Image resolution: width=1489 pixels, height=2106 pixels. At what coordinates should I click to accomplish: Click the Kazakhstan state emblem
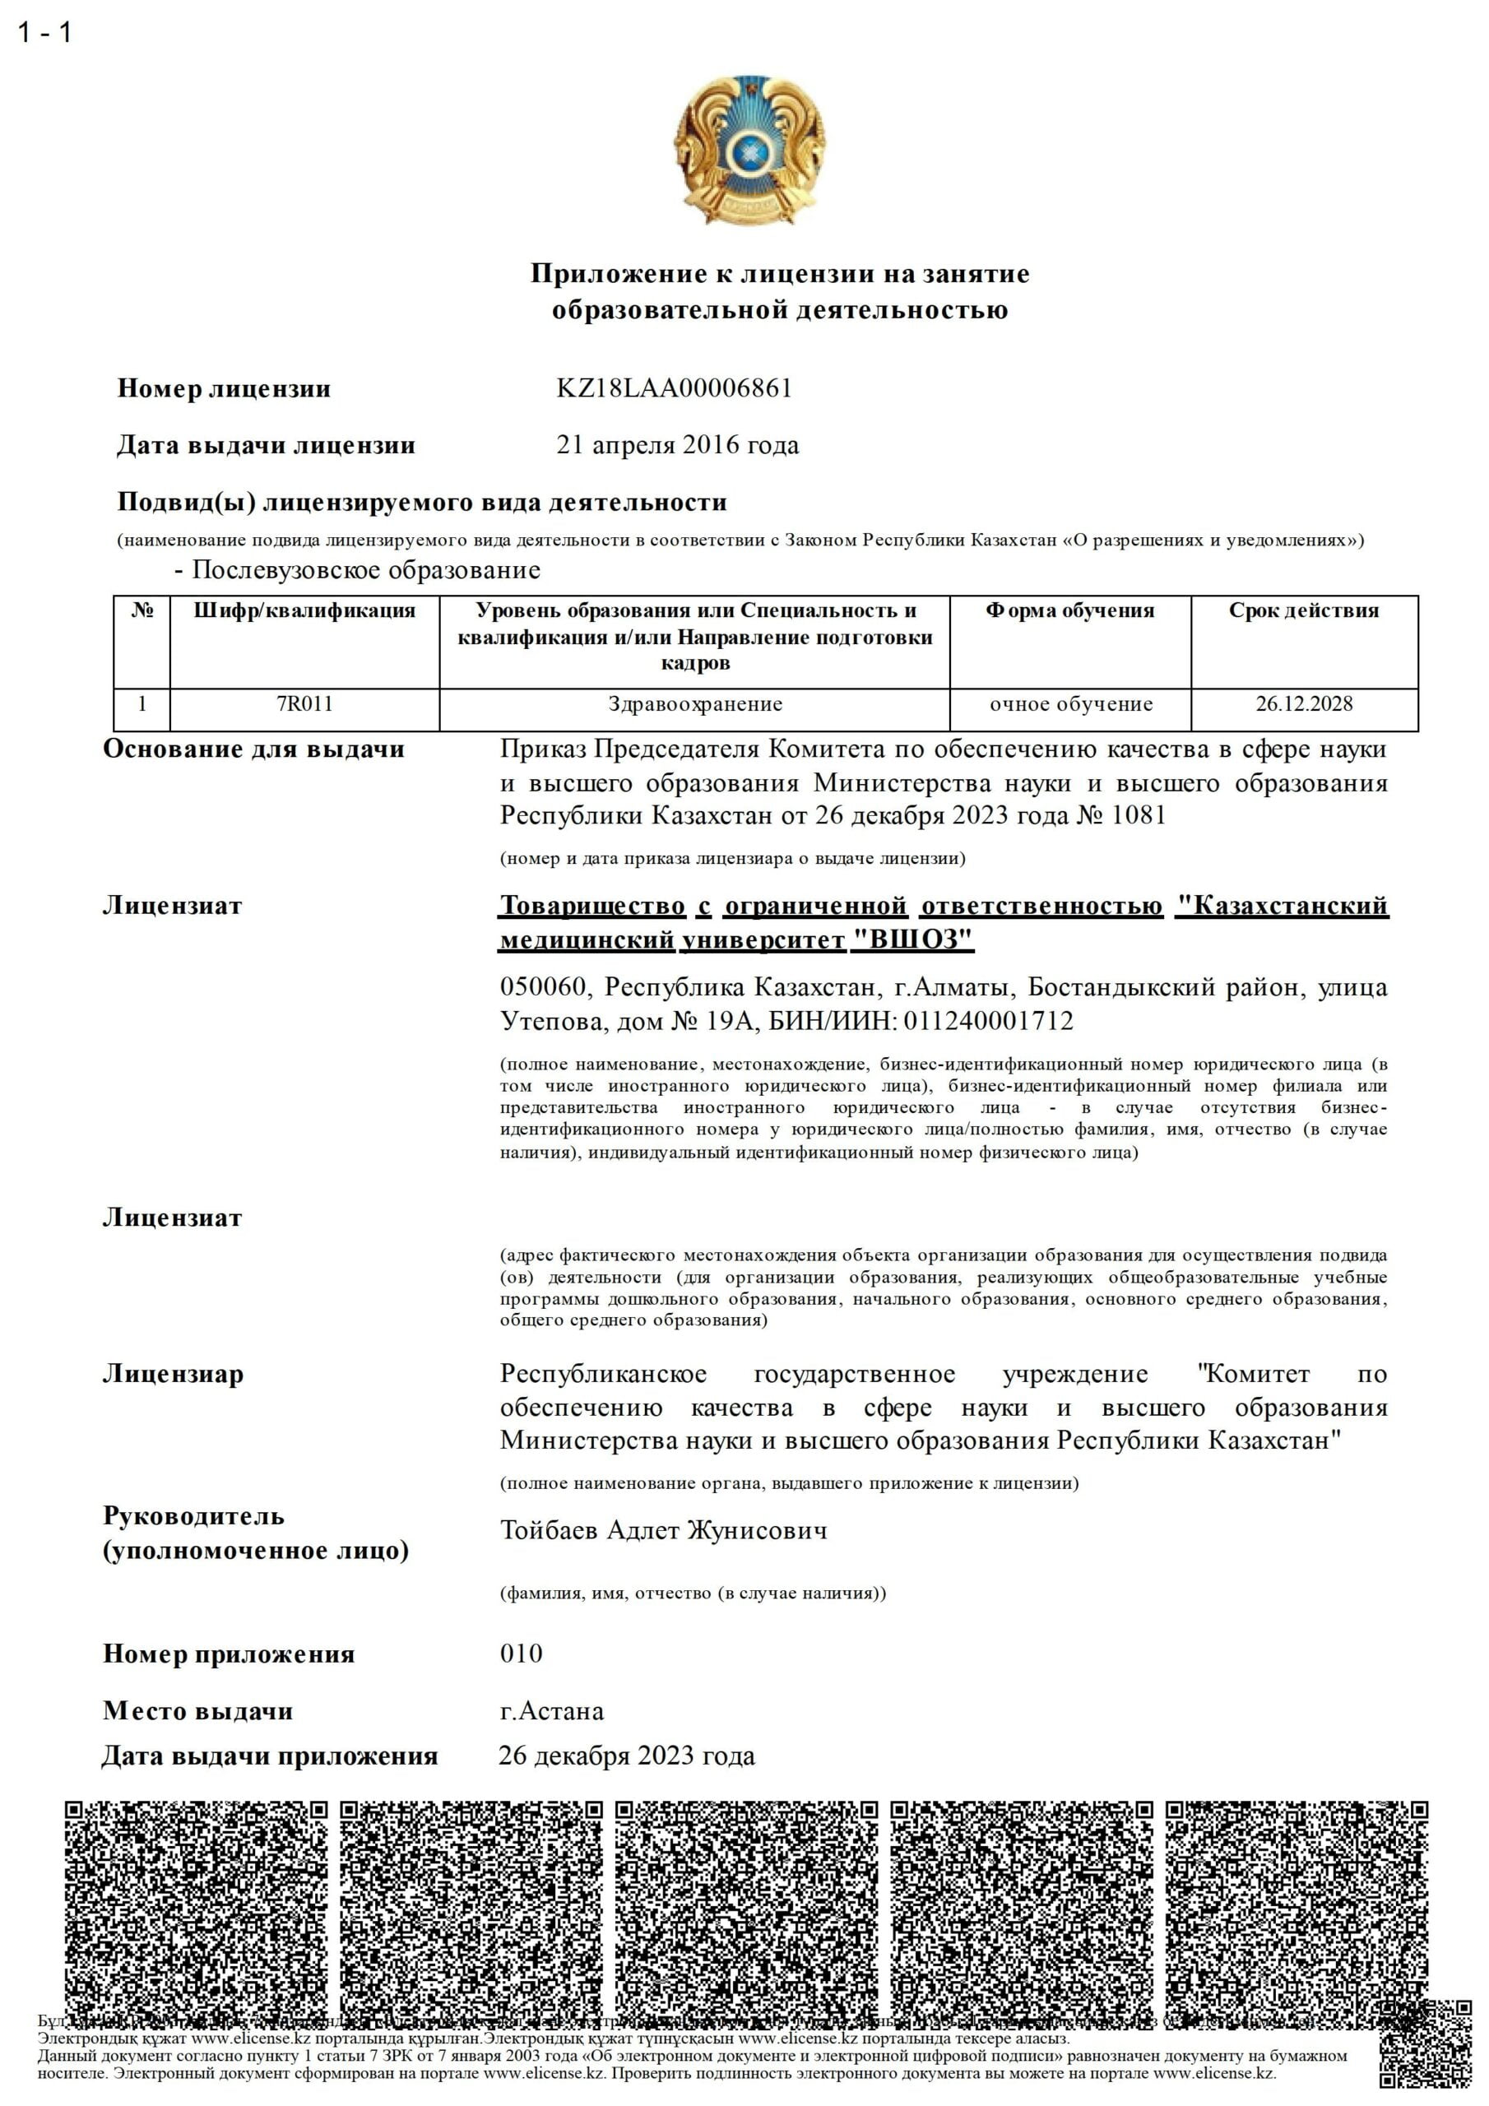click(x=749, y=150)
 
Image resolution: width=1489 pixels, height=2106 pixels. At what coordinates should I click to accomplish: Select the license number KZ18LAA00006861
click(x=674, y=388)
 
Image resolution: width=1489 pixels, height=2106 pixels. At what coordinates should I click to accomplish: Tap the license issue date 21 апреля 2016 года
click(x=677, y=445)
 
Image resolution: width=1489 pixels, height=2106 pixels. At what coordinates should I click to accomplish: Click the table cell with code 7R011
click(x=304, y=704)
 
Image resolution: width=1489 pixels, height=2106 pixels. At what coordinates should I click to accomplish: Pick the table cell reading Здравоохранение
click(x=694, y=704)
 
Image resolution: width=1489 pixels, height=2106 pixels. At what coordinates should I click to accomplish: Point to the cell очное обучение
click(x=1070, y=704)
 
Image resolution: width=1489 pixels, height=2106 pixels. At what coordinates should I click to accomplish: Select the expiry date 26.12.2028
click(x=1304, y=704)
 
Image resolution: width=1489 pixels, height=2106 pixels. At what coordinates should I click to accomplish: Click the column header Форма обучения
click(x=1069, y=611)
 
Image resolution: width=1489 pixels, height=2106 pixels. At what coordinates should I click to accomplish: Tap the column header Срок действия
click(x=1304, y=611)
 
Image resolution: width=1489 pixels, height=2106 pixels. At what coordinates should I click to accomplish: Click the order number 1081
click(x=1139, y=815)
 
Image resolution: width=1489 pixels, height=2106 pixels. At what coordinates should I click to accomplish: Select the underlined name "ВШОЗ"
click(x=913, y=940)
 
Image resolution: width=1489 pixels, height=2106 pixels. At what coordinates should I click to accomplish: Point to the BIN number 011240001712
click(x=988, y=1021)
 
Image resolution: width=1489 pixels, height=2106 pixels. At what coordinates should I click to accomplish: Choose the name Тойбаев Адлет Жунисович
click(x=663, y=1530)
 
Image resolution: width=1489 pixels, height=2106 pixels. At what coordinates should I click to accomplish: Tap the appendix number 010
click(x=521, y=1654)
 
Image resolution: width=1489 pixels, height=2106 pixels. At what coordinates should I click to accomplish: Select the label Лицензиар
click(x=173, y=1374)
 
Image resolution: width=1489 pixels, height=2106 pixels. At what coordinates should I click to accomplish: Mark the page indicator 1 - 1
click(x=44, y=33)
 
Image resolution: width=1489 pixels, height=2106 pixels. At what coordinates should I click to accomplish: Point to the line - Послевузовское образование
click(x=358, y=571)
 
